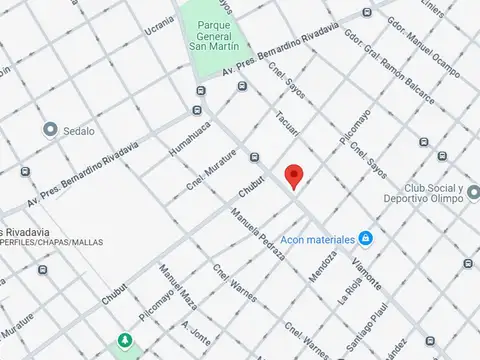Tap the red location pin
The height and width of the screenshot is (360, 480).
tap(293, 176)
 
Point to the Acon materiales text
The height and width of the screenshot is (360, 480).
tap(319, 240)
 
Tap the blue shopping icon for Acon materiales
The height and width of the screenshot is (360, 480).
tap(366, 239)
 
